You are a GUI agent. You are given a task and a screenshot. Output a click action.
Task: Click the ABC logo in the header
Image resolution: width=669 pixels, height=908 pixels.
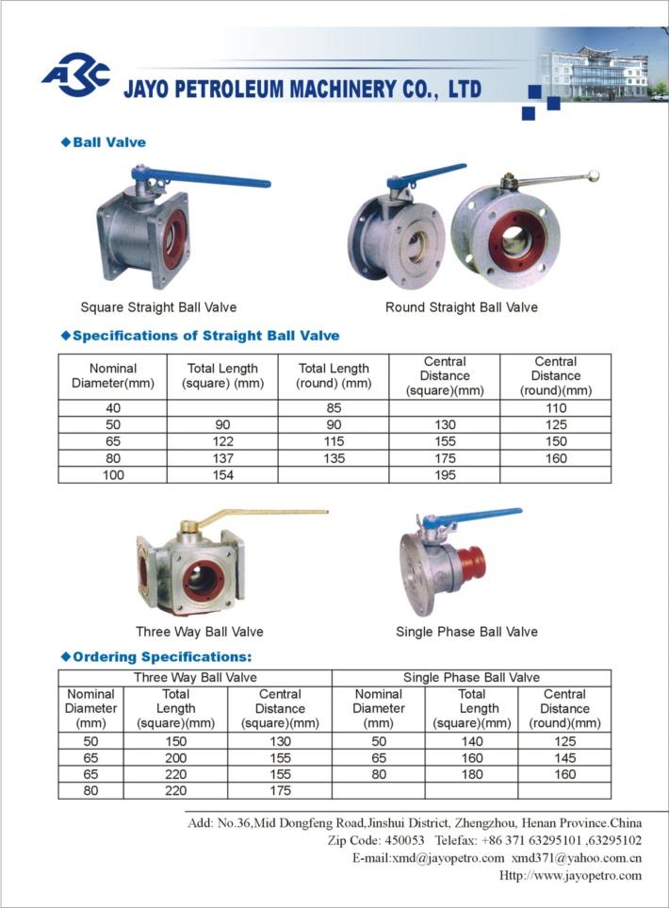click(76, 74)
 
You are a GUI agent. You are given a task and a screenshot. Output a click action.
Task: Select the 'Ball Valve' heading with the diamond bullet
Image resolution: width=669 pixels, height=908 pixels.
click(109, 142)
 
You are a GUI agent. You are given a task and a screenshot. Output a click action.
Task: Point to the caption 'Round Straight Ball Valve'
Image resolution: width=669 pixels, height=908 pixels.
click(461, 307)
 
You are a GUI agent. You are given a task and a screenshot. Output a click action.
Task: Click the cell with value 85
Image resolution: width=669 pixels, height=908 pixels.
click(333, 408)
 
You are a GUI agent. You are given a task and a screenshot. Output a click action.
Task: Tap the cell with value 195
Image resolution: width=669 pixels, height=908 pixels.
click(444, 475)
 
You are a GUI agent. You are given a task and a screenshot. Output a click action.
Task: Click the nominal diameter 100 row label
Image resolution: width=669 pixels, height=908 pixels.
click(112, 475)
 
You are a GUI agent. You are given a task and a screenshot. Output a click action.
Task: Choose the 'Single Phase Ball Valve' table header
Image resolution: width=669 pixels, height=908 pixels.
click(471, 677)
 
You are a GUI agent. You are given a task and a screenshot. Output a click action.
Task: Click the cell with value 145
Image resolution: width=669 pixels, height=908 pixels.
click(564, 757)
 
